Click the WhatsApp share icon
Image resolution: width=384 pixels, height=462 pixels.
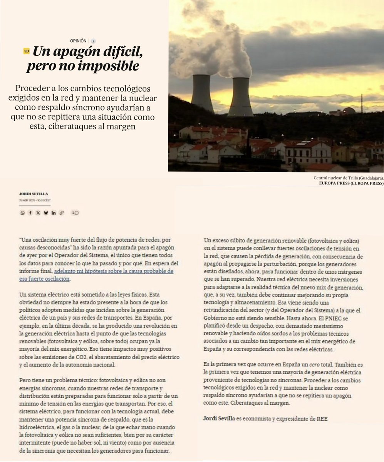[22, 213]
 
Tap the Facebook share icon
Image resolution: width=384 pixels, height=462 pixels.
[30, 213]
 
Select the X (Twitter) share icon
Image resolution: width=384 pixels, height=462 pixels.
[38, 213]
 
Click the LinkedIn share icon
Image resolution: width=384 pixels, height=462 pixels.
[54, 213]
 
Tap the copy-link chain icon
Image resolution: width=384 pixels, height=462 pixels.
[62, 213]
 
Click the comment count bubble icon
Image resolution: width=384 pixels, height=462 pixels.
[75, 213]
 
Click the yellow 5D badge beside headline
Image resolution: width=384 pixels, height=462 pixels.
[26, 51]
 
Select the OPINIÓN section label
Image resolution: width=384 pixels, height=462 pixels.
[78, 40]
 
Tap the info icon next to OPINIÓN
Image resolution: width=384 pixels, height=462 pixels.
[93, 41]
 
